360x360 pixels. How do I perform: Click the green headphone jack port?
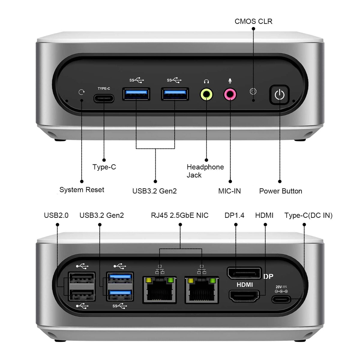coord(206,94)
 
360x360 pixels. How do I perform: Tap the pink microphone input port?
coord(230,94)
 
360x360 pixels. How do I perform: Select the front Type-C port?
coord(104,98)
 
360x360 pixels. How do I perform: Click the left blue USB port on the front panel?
coord(136,94)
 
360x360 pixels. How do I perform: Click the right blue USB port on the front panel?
coord(175,94)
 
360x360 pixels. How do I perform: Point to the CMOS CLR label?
coord(253,21)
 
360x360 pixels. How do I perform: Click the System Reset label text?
coord(82,190)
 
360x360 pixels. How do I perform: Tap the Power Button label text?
coord(280,191)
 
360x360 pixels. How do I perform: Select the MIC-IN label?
coord(229,191)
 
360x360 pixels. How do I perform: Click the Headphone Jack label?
coord(205,171)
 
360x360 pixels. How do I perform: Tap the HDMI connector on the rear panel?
coord(244,296)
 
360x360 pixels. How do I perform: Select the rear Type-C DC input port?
coord(281,299)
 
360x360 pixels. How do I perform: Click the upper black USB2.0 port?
coord(82,278)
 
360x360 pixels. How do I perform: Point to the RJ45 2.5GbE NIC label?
coord(180,215)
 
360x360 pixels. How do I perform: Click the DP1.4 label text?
coord(234,215)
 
